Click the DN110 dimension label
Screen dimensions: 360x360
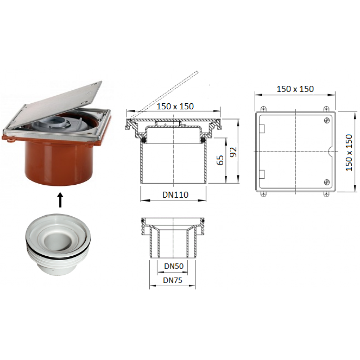coord(175,195)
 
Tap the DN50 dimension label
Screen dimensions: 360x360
coord(174,266)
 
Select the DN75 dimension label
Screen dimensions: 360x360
coord(172,280)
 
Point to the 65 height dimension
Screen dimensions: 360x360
coord(220,160)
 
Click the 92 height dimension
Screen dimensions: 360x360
coord(233,152)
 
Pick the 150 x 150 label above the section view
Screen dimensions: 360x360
coord(175,106)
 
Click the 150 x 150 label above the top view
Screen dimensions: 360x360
coord(295,89)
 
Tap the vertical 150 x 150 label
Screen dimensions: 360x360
coord(349,152)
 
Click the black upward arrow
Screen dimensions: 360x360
coord(60,200)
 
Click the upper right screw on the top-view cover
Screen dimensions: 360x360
coord(327,120)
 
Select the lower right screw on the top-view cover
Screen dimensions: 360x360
coord(327,182)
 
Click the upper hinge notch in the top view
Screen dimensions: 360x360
coord(262,129)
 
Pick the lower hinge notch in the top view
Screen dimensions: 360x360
coord(262,174)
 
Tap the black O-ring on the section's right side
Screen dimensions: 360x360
coord(203,140)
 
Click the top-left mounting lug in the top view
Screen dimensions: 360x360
coord(264,109)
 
